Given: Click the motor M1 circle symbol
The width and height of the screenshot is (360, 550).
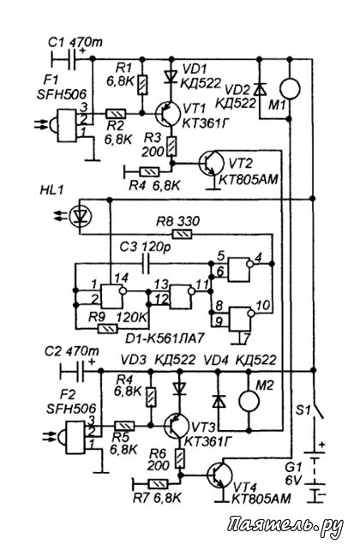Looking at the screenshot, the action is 290,88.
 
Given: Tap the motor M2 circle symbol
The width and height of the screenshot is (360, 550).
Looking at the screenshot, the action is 249,401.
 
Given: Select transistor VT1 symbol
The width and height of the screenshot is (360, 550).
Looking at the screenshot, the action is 168,114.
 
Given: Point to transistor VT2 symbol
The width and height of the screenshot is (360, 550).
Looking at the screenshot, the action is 212,163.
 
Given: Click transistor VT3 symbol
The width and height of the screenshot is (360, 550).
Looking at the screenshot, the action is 176,426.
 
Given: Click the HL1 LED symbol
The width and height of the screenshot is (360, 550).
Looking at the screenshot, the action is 81,217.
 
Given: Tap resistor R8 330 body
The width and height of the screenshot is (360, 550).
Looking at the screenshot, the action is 182,234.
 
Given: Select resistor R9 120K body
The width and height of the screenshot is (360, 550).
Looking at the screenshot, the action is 107,329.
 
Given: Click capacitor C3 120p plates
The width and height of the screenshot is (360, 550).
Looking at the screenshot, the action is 146,263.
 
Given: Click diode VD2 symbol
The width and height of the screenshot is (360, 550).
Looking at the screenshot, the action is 259,88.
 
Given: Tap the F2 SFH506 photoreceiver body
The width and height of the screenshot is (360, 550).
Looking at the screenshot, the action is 73,438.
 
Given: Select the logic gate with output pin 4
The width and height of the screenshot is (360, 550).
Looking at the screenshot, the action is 240,269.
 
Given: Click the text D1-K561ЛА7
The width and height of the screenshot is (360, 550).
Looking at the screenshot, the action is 165,339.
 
